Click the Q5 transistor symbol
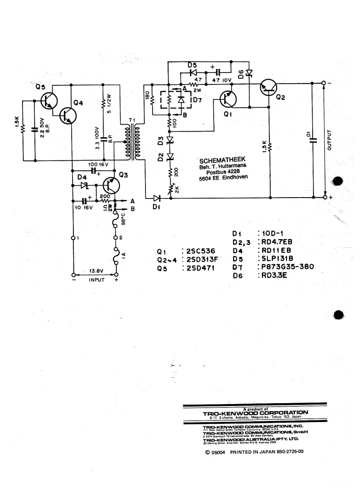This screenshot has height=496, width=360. [x=48, y=101]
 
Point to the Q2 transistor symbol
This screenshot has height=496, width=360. [x=269, y=88]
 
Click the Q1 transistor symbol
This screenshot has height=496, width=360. [x=228, y=99]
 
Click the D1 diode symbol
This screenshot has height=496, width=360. [x=157, y=198]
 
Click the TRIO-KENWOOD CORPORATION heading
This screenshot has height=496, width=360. [x=255, y=414]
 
